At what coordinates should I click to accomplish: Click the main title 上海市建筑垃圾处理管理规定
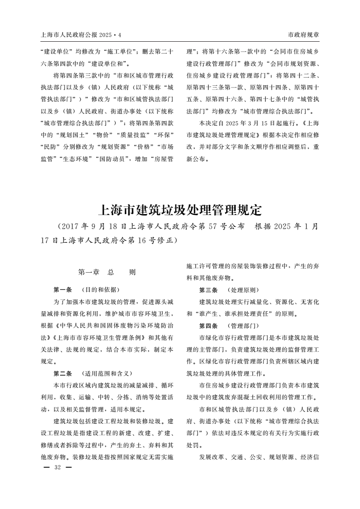[x=180, y=210]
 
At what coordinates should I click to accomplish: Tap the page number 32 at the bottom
[x=57, y=467]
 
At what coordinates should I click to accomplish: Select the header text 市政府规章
[x=303, y=35]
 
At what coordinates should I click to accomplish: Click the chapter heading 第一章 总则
[x=107, y=272]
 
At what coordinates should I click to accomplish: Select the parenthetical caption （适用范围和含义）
[x=106, y=373]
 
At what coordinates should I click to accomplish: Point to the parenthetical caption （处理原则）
[x=244, y=289]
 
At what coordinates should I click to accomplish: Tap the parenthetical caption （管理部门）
[x=244, y=326]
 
